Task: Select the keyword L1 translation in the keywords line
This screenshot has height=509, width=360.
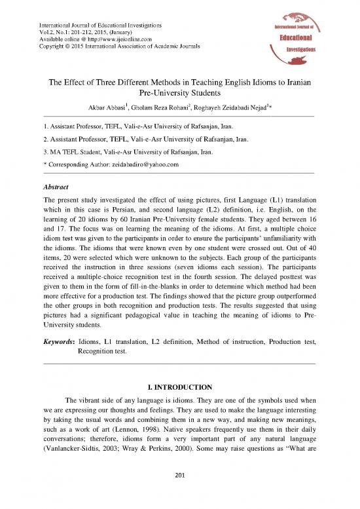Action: point(126,342)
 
